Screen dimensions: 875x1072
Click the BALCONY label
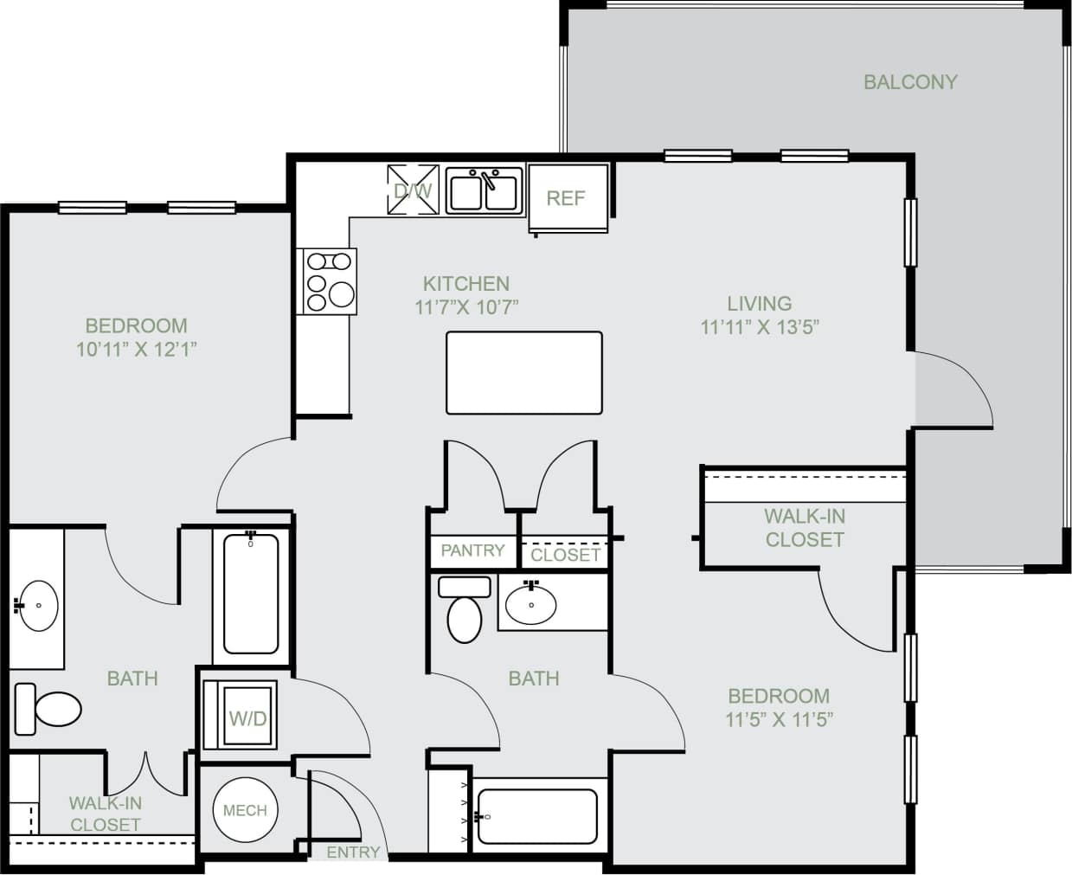(910, 82)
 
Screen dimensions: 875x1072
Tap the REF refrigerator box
(567, 198)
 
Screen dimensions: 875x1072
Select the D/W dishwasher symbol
(413, 190)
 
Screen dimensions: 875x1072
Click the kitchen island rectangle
(524, 373)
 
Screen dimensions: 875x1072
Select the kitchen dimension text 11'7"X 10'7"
(466, 307)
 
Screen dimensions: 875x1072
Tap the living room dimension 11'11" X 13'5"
(759, 327)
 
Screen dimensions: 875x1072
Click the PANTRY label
(472, 550)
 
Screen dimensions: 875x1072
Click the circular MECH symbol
(245, 811)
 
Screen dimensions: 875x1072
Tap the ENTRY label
(353, 852)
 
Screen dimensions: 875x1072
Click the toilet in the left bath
(48, 709)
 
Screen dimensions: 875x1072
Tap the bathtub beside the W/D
(251, 595)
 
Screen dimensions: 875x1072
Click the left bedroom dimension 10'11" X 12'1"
(137, 350)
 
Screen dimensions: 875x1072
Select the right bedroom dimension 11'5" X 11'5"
(779, 719)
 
